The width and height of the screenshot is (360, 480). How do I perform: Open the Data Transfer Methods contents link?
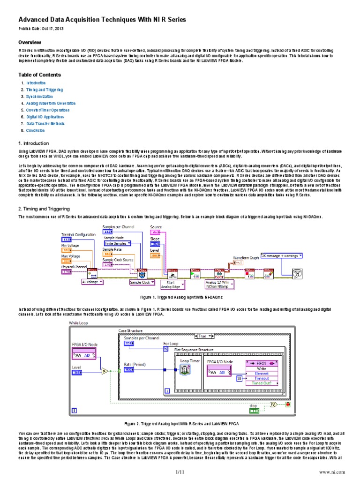point(45,124)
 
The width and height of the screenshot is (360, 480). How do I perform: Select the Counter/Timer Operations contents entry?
point(48,110)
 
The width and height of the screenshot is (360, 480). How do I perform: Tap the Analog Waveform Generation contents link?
point(50,103)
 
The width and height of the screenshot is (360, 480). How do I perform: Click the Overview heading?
point(30,43)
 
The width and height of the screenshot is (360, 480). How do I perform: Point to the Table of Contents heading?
point(39,75)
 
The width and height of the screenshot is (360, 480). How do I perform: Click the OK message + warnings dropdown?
point(281,256)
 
